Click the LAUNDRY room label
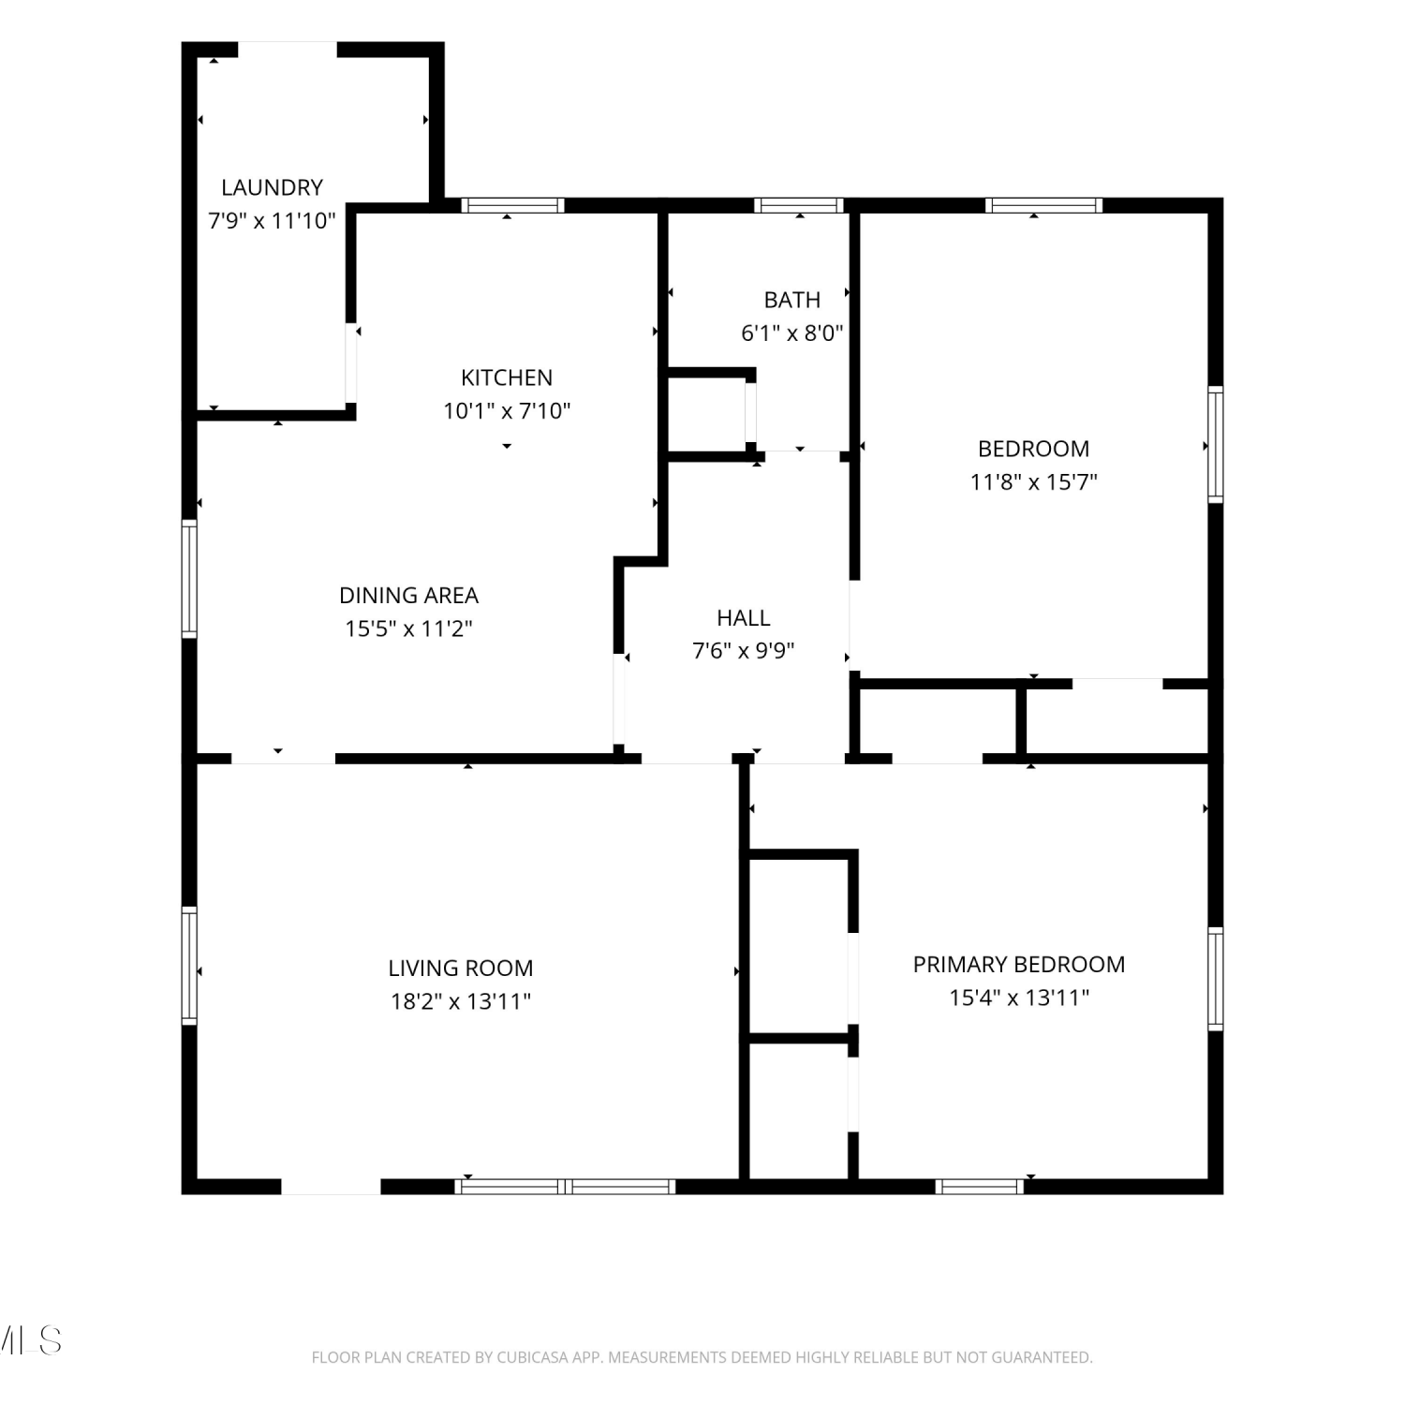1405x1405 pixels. click(272, 187)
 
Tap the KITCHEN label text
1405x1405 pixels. click(507, 377)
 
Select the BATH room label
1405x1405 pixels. click(792, 300)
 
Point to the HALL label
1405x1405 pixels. click(744, 617)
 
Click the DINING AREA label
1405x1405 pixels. click(408, 595)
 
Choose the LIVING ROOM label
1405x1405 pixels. click(461, 968)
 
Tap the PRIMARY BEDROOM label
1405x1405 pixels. click(1019, 964)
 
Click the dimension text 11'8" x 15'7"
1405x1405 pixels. click(1034, 481)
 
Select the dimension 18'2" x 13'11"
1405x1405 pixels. click(461, 1001)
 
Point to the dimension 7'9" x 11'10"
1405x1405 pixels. click(272, 221)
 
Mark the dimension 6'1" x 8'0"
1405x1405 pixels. click(792, 333)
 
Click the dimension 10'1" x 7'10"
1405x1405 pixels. click(507, 410)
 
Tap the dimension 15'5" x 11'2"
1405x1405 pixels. click(408, 628)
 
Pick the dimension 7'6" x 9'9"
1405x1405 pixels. click(744, 650)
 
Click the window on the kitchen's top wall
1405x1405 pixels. click(512, 205)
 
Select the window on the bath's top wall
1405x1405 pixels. click(799, 205)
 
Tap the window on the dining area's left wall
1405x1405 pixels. click(189, 579)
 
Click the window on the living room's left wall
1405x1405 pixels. click(189, 966)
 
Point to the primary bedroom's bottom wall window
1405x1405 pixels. click(980, 1187)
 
